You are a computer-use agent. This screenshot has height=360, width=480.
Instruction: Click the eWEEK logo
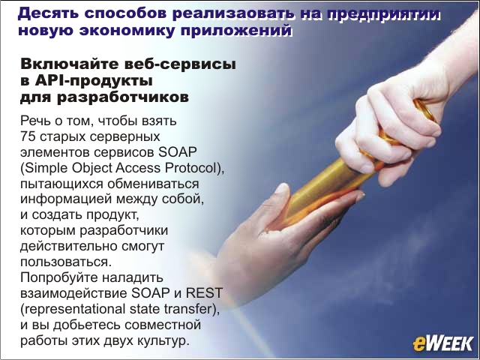442,343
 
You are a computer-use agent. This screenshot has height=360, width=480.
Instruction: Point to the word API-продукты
94,81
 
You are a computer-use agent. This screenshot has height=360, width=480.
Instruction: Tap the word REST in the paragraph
204,293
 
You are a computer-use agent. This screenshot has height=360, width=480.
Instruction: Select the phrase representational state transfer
120,309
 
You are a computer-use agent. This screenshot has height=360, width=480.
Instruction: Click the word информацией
66,199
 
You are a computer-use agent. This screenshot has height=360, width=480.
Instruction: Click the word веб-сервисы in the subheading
180,64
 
